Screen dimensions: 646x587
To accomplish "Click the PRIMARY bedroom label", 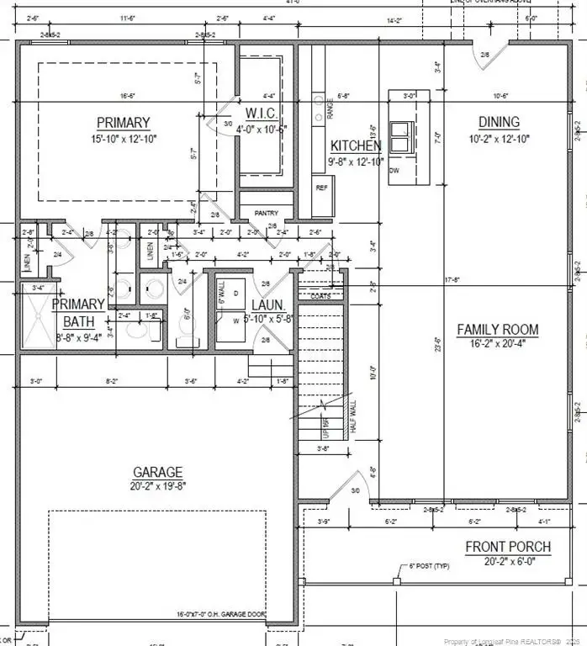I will pyautogui.click(x=123, y=122).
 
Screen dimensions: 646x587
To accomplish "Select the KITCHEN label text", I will pyautogui.click(x=356, y=146).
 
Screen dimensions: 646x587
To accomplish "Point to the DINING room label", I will pyautogui.click(x=499, y=122).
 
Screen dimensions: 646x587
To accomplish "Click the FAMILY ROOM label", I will pyautogui.click(x=497, y=329).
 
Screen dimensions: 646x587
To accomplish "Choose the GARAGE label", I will pyautogui.click(x=157, y=472).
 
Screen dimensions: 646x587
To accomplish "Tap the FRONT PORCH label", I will pyautogui.click(x=508, y=547).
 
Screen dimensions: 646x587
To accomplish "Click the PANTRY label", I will pyautogui.click(x=266, y=214).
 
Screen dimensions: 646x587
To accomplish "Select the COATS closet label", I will pyautogui.click(x=320, y=296).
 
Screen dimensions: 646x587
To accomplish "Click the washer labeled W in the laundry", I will pyautogui.click(x=235, y=320).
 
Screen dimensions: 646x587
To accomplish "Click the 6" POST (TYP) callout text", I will pyautogui.click(x=431, y=566).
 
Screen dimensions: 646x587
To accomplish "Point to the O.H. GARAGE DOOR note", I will pyautogui.click(x=221, y=615).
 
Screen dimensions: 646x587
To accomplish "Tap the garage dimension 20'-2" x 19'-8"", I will pyautogui.click(x=157, y=486).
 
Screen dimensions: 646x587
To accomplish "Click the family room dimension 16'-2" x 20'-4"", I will pyautogui.click(x=497, y=343).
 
